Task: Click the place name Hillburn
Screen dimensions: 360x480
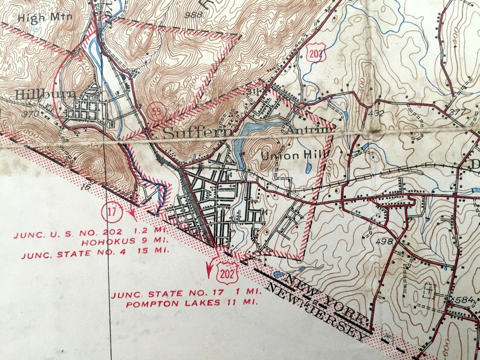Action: coord(37,94)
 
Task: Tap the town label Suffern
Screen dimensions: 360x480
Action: coord(188,132)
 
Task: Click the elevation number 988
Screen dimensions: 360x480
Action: coord(194,14)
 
